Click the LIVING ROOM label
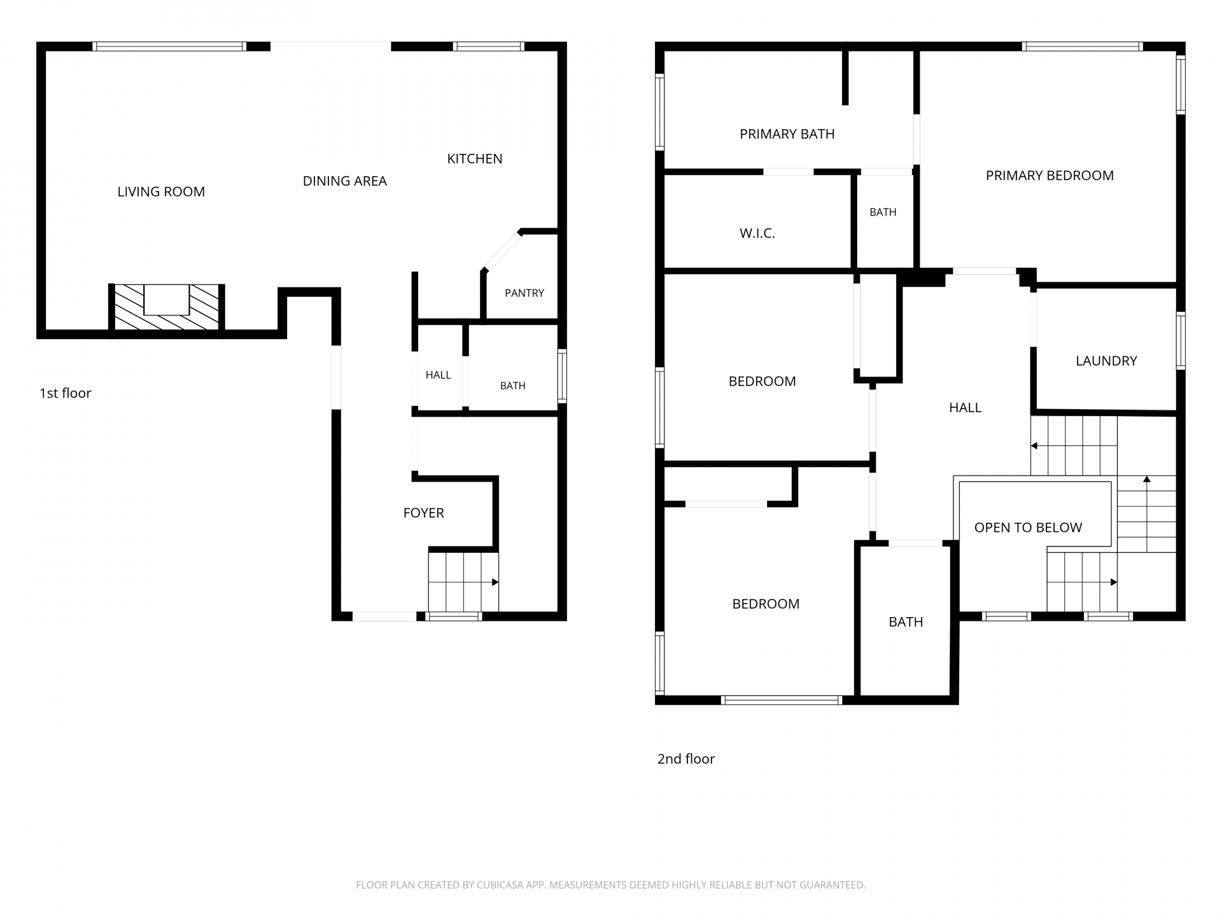coord(161,191)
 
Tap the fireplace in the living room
coord(167,307)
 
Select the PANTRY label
coord(524,293)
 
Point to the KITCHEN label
coord(475,158)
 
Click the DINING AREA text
coord(345,181)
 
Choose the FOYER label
coord(424,513)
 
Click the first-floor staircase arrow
coord(463,582)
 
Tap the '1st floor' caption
coord(66,393)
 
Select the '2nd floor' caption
coord(686,759)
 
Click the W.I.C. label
coord(757,233)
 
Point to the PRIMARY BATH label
coord(787,134)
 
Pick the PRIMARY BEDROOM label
coord(1050,176)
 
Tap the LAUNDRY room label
coord(1107,361)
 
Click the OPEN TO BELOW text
coord(1029,527)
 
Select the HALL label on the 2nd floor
coord(966,408)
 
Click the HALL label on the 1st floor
coord(439,375)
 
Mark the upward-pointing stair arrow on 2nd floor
coord(1147,514)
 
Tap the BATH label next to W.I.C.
coord(883,212)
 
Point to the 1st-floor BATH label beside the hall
coord(513,385)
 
